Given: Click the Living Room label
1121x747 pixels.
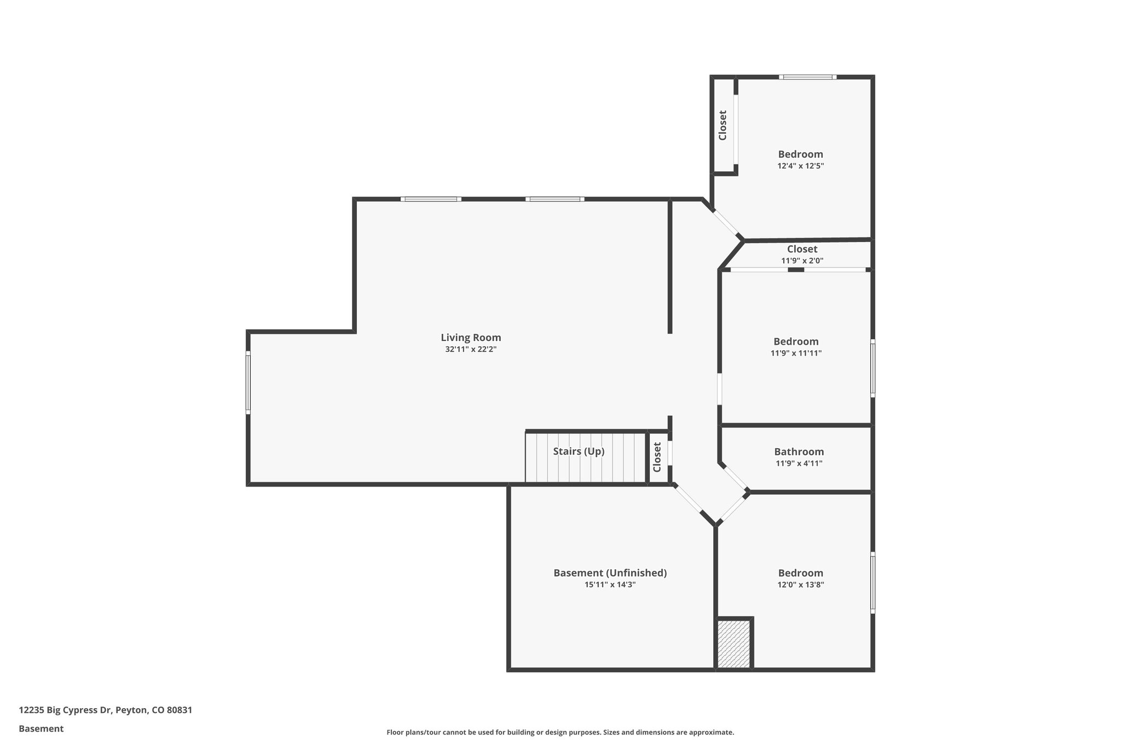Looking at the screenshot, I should pyautogui.click(x=471, y=338).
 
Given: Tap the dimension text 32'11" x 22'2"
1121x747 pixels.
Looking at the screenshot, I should pyautogui.click(x=471, y=349).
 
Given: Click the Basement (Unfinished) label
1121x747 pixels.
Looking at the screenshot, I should pyautogui.click(x=610, y=573).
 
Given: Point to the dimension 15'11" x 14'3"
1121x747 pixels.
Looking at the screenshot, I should pyautogui.click(x=610, y=584).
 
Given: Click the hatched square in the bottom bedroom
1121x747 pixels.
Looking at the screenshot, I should pyautogui.click(x=733, y=644).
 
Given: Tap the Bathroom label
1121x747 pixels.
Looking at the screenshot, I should pyautogui.click(x=799, y=451).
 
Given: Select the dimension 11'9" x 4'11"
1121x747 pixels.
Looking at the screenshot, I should pyautogui.click(x=799, y=464).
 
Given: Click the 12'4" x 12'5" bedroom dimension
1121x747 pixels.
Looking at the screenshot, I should pyautogui.click(x=800, y=166).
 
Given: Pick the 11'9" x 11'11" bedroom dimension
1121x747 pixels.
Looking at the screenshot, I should pyautogui.click(x=796, y=353).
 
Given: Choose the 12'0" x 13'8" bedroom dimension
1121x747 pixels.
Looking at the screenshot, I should pyautogui.click(x=800, y=584).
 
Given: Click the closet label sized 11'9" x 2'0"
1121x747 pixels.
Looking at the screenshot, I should pyautogui.click(x=802, y=249).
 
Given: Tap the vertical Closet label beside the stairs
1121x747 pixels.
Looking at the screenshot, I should pyautogui.click(x=657, y=457).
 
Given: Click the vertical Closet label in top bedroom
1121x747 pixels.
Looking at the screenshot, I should pyautogui.click(x=723, y=125).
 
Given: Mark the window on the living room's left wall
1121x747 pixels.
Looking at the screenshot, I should pyautogui.click(x=248, y=382).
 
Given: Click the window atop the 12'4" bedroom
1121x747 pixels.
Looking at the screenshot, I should pyautogui.click(x=807, y=77).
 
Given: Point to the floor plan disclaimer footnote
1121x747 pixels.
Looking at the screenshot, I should pyautogui.click(x=560, y=732).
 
